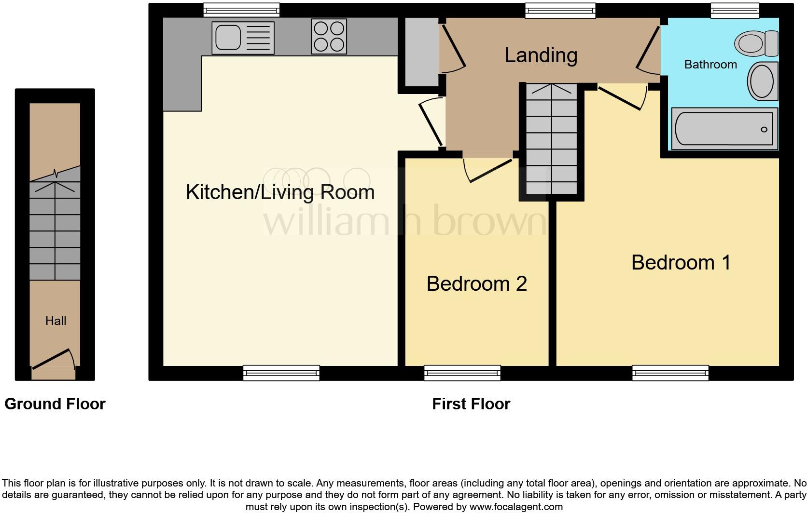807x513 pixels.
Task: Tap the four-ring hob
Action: pyautogui.click(x=329, y=36)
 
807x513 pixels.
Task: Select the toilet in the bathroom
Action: pyautogui.click(x=756, y=43)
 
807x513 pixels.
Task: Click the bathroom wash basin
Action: pyautogui.click(x=763, y=81)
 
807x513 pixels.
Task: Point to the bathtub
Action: pyautogui.click(x=724, y=128)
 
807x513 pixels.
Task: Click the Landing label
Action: pyautogui.click(x=541, y=55)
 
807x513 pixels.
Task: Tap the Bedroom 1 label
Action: pyautogui.click(x=681, y=262)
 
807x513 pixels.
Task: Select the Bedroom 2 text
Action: pyautogui.click(x=476, y=283)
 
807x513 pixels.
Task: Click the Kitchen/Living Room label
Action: pyautogui.click(x=280, y=192)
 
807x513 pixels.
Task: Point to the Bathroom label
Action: pyautogui.click(x=710, y=64)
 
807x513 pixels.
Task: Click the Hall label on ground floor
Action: pyautogui.click(x=56, y=321)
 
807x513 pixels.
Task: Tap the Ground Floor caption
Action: pyautogui.click(x=55, y=404)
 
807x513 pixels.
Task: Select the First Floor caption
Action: pyautogui.click(x=471, y=404)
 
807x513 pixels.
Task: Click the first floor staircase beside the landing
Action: pyautogui.click(x=551, y=140)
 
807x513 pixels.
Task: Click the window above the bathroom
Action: pyautogui.click(x=735, y=10)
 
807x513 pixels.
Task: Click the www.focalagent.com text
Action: pyautogui.click(x=516, y=507)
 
